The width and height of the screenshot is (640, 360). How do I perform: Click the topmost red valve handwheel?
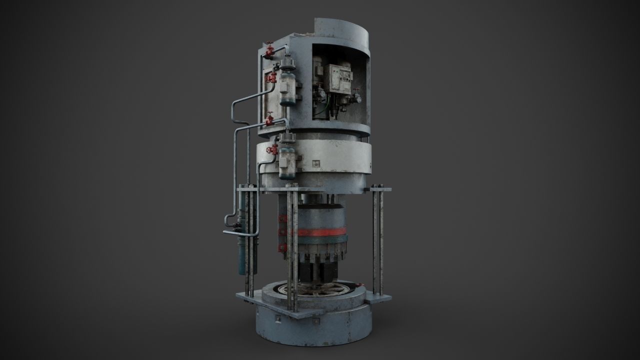pyautogui.click(x=270, y=49)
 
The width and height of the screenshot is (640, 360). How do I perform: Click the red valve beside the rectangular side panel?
pyautogui.click(x=272, y=78)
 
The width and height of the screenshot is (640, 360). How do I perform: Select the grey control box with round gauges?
pyautogui.click(x=338, y=80)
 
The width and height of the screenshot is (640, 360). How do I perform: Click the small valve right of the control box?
pyautogui.click(x=356, y=95)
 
